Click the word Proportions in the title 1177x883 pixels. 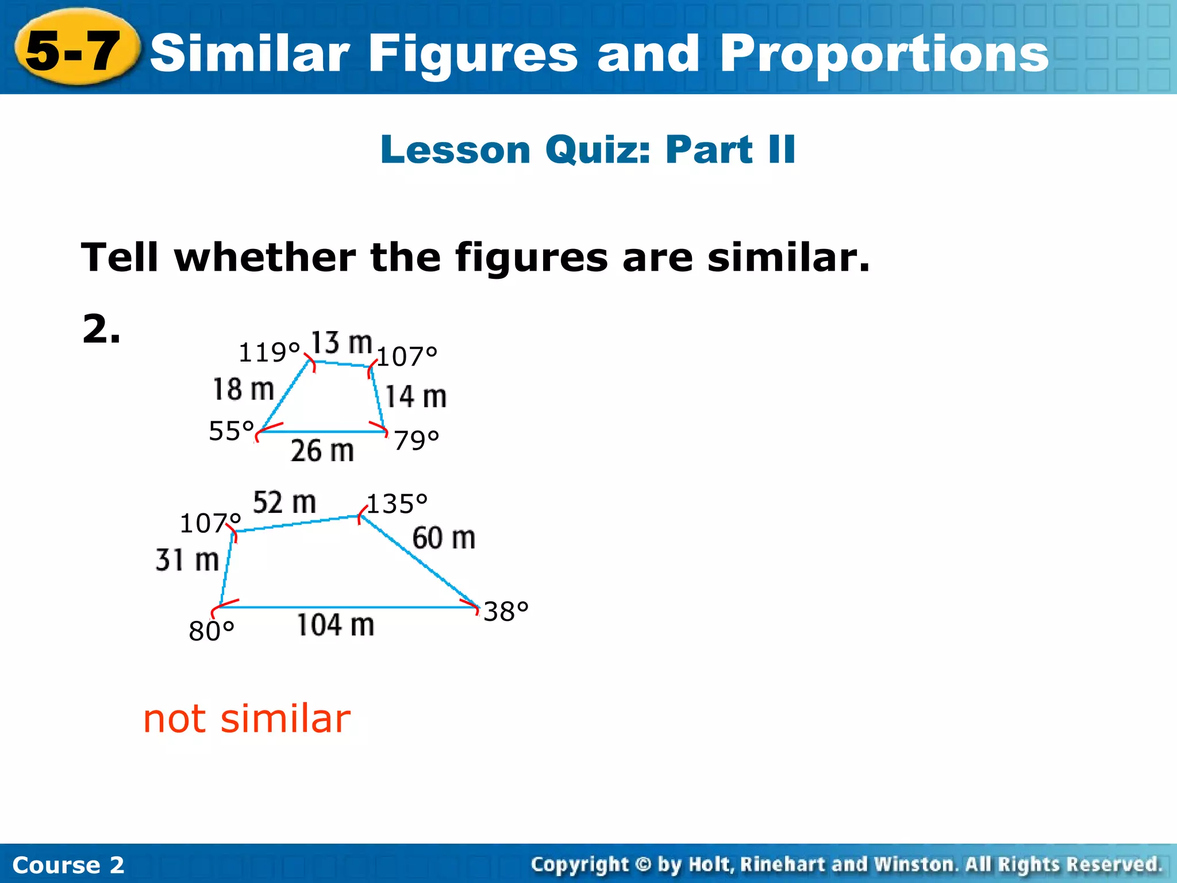[884, 54]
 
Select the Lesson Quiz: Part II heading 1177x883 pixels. [587, 149]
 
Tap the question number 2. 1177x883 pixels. [101, 329]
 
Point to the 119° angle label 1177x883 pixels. [269, 352]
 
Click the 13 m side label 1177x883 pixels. [341, 343]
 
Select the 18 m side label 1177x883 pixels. [243, 389]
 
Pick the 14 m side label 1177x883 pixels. [416, 397]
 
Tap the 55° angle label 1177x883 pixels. [231, 431]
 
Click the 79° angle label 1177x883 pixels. [417, 440]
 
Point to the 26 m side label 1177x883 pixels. [322, 450]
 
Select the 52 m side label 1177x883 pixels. [284, 502]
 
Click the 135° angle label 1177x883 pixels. [397, 504]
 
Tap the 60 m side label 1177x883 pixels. [444, 538]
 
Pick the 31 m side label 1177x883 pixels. [187, 560]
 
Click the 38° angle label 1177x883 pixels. [506, 611]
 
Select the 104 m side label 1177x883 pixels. [335, 625]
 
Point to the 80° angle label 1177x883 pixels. [211, 631]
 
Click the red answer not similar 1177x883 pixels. [247, 719]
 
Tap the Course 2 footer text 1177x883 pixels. [68, 865]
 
